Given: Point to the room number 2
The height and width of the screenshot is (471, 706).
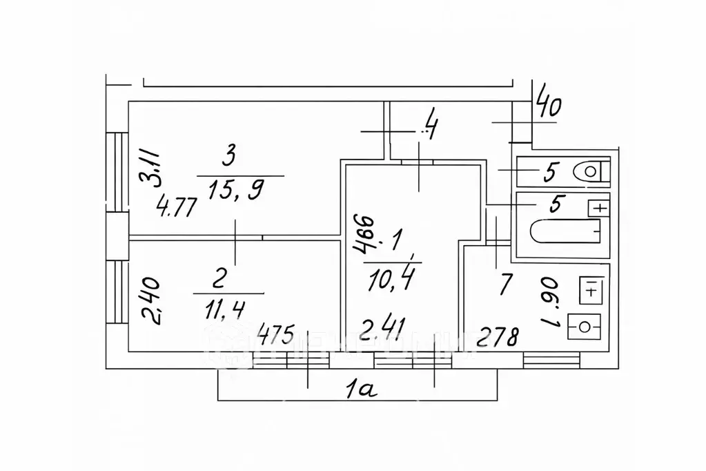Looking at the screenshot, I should (x=219, y=279).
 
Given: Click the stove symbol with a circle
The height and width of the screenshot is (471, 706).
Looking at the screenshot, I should (x=584, y=324).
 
